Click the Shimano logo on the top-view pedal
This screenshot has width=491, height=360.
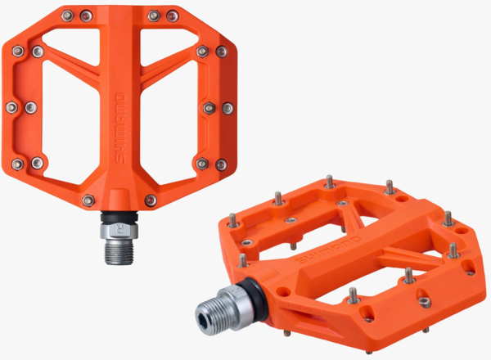tap(120, 128)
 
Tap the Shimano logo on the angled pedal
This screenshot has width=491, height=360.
tap(328, 250)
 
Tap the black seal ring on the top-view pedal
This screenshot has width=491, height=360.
tap(119, 216)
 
